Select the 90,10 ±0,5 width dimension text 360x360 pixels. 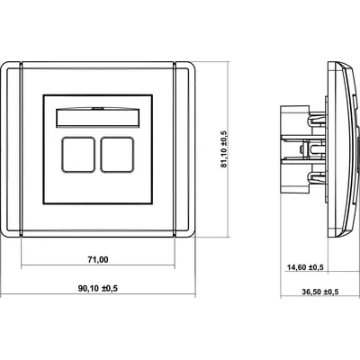click(98, 289)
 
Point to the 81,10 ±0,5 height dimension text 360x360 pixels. click(224, 148)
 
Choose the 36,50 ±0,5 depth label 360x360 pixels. click(319, 292)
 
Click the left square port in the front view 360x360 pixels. click(78, 155)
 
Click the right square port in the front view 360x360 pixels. click(117, 155)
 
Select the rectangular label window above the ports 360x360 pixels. click(98, 117)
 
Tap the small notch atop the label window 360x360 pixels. click(98, 108)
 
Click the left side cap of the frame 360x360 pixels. click(11, 128)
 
